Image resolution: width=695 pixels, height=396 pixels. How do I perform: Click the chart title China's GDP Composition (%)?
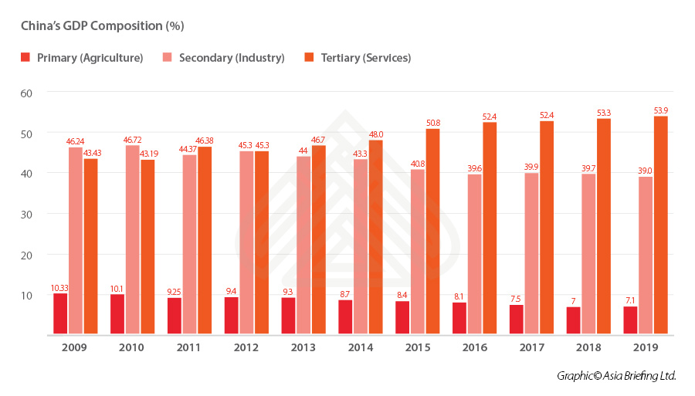click(x=102, y=26)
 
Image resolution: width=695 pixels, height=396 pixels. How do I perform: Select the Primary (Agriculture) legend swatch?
click(x=25, y=57)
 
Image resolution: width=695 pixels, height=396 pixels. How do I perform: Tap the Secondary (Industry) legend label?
click(x=232, y=58)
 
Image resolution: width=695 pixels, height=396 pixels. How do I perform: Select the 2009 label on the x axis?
click(x=75, y=347)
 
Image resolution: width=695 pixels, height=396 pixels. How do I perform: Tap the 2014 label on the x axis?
click(x=360, y=347)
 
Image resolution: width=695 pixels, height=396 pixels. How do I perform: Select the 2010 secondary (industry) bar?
click(x=132, y=240)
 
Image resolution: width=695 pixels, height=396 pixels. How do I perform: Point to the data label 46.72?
click(x=132, y=140)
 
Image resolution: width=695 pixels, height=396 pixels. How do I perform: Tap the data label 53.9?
click(x=660, y=110)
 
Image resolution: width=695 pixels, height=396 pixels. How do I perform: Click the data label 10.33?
click(x=60, y=288)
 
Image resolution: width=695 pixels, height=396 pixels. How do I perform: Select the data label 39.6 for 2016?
click(x=474, y=168)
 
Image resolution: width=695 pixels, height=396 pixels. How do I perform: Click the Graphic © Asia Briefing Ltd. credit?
click(x=616, y=376)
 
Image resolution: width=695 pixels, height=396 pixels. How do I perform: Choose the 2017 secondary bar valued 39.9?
click(x=531, y=254)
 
